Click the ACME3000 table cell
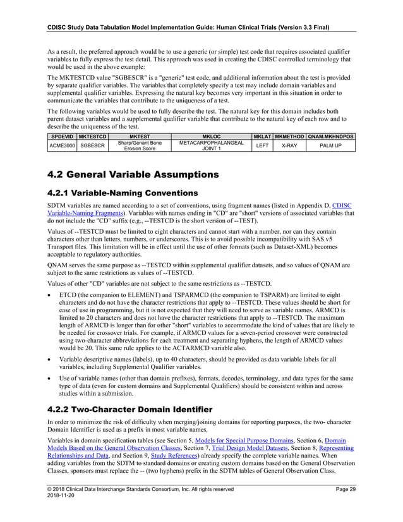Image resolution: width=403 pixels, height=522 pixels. pyautogui.click(x=61, y=146)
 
